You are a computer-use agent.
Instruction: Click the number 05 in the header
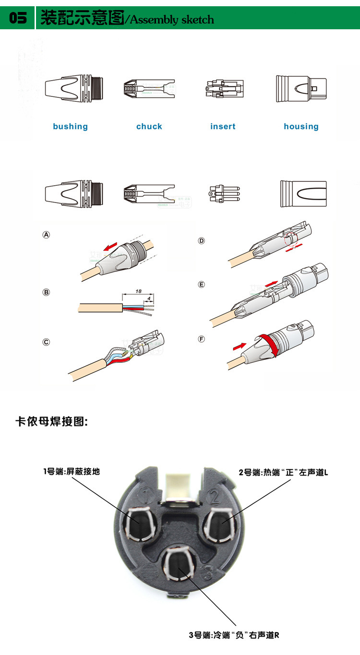coord(18,19)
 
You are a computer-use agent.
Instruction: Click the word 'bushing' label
coord(71,127)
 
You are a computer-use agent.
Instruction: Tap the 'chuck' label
coord(149,127)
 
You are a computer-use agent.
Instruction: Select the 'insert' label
coord(223,127)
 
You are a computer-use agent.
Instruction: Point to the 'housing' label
coord(301,127)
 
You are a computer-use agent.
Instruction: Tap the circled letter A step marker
coord(47,235)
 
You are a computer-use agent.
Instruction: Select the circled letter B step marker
coord(47,292)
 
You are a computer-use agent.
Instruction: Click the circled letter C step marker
coord(47,342)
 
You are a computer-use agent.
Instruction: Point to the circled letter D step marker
coord(202,240)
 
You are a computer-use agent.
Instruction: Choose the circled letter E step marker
coord(202,285)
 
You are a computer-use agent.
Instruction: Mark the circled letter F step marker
coord(202,339)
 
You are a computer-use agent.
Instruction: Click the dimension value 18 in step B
coord(138,291)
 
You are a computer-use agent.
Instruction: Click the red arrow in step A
coord(110,247)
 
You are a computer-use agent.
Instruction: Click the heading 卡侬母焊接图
coord(52,422)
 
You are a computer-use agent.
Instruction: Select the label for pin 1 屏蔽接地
coord(72,472)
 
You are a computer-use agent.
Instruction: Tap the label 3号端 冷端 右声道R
coord(234,635)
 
